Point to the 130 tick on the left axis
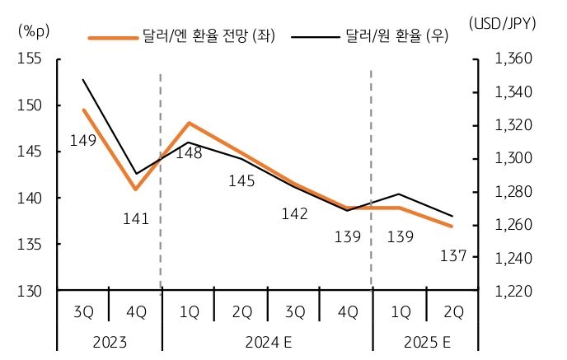pos(32,292)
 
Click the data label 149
pos(83,141)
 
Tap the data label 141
pos(135,218)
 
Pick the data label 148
pos(189,152)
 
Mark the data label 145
pos(241,180)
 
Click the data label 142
pos(294,213)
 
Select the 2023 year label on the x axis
pos(109,340)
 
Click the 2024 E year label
pos(267,340)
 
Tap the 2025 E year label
pos(425,340)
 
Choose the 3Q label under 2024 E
pos(294,312)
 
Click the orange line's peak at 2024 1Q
pos(189,124)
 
